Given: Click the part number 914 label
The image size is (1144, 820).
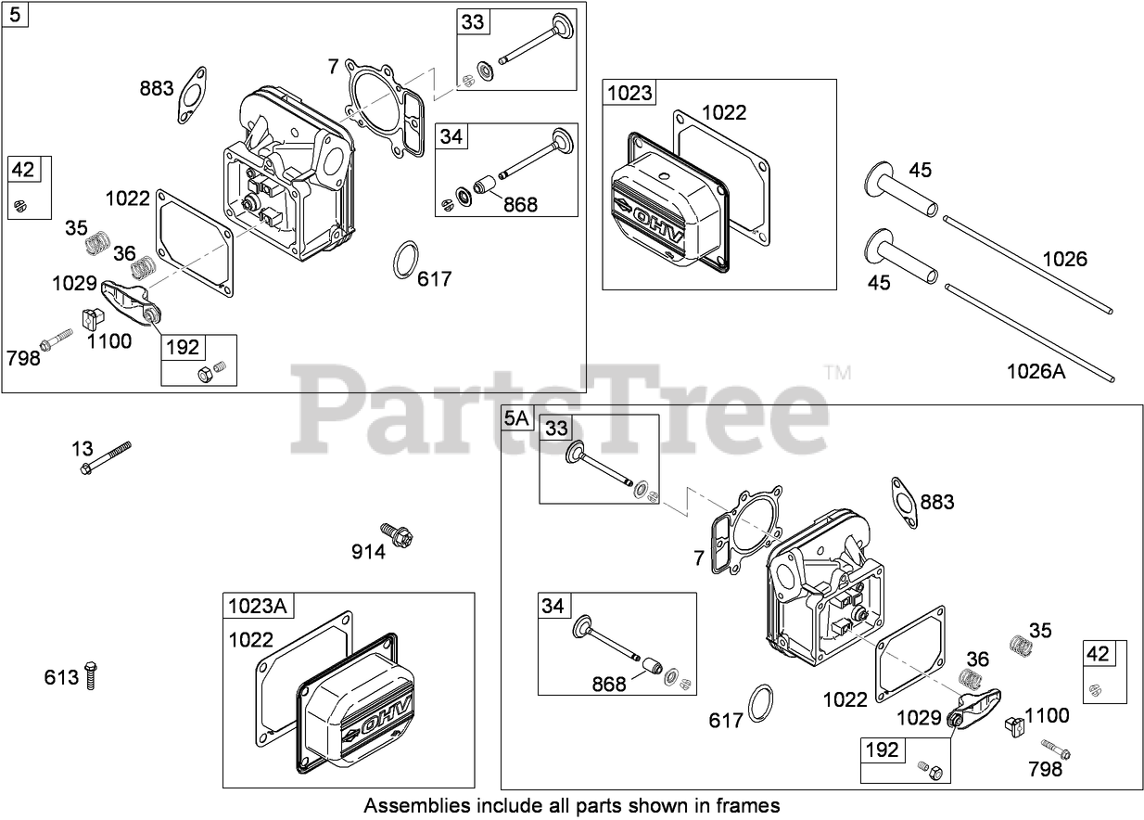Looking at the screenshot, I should [x=368, y=552].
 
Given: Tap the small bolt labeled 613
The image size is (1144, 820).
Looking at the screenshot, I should [x=91, y=676].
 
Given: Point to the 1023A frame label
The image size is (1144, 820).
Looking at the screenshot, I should [x=258, y=607].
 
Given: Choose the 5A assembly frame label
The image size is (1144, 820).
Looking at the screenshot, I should [x=516, y=418].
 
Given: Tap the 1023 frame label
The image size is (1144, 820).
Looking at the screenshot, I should [x=629, y=93].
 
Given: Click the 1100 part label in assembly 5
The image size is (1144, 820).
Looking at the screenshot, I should [x=109, y=340].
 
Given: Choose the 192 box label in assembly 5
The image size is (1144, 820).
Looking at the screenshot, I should [x=183, y=347].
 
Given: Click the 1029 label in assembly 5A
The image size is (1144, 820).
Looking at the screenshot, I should [x=919, y=717].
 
